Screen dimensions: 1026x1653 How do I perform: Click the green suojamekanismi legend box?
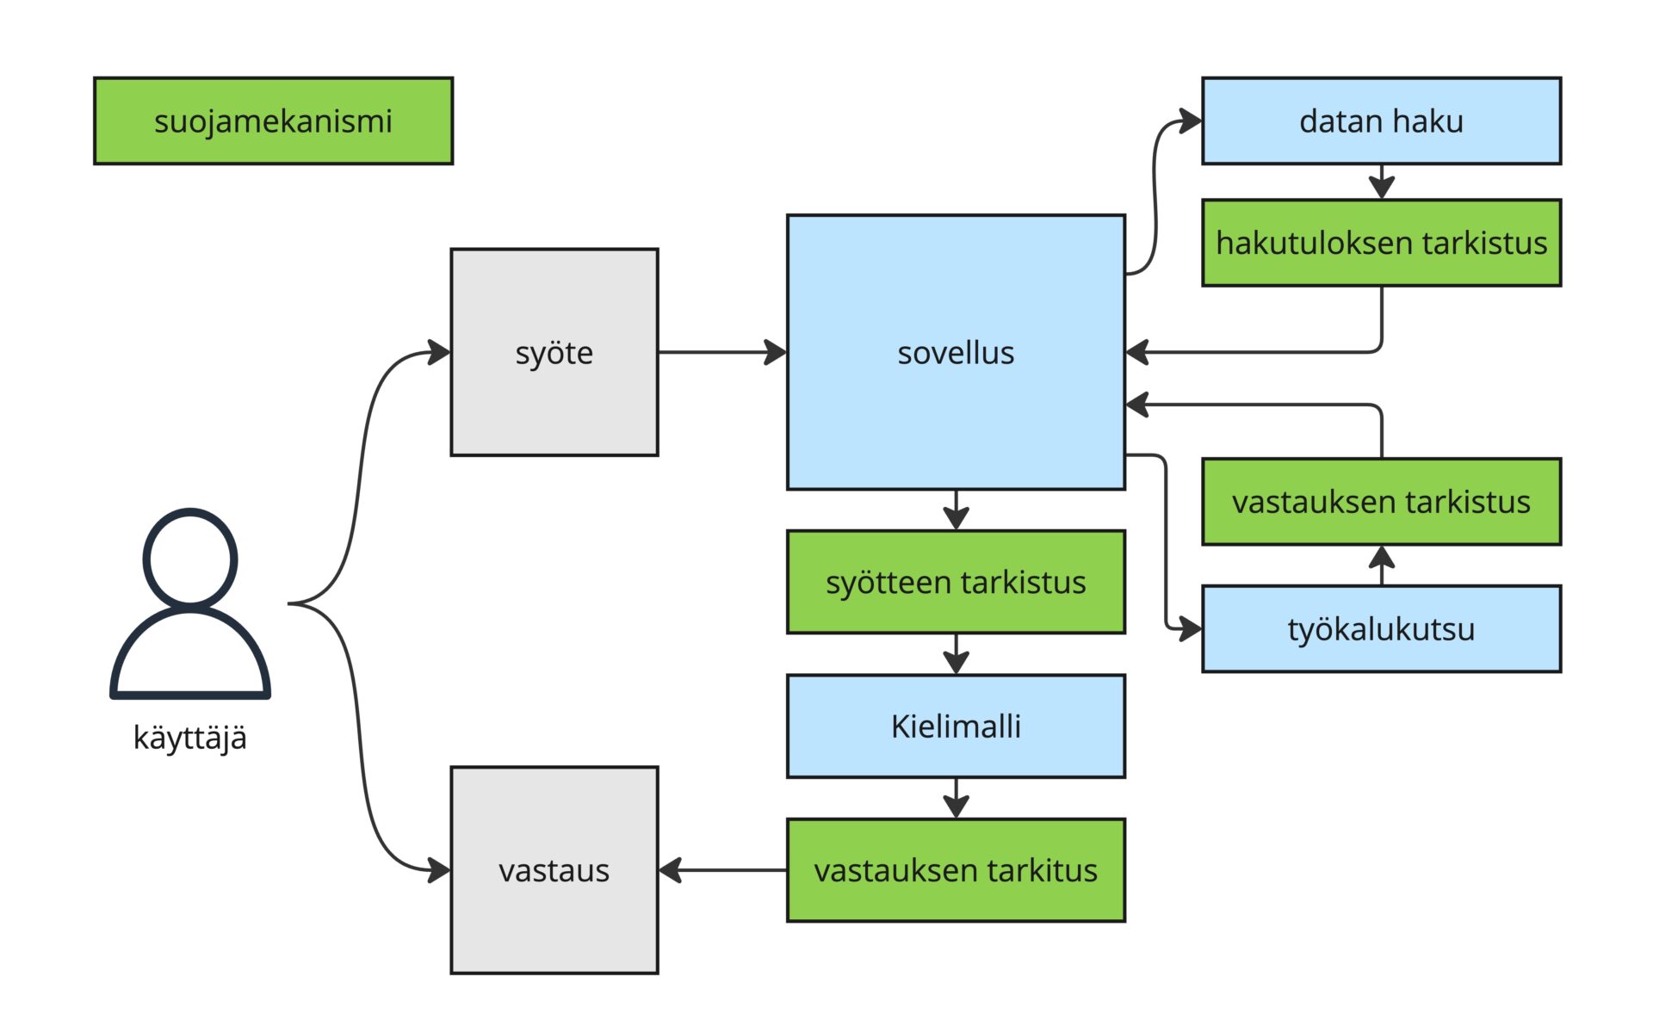[273, 121]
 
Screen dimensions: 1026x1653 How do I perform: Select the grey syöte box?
[554, 352]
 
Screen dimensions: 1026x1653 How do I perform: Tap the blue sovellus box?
[956, 352]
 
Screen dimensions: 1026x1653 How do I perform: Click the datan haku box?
[1381, 121]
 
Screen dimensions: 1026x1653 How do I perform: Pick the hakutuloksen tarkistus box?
[1381, 243]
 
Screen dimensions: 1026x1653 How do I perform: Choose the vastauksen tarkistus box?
[1381, 501]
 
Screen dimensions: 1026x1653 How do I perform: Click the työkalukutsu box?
[1381, 629]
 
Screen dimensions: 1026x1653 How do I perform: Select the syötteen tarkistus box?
[956, 582]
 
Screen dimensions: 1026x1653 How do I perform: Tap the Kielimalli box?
[956, 726]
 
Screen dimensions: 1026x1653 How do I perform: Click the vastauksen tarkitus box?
[956, 870]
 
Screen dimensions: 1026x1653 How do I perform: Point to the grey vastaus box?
[554, 870]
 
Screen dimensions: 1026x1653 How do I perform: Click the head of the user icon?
[190, 558]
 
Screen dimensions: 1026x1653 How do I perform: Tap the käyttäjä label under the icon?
[190, 738]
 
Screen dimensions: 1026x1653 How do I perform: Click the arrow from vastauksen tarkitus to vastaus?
[723, 870]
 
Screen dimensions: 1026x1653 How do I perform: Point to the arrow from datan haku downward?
[1382, 182]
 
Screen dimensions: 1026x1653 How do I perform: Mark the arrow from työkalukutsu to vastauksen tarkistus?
[1382, 566]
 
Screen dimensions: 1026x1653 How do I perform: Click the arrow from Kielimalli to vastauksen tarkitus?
[957, 798]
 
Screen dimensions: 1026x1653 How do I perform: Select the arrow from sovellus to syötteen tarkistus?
[957, 510]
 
